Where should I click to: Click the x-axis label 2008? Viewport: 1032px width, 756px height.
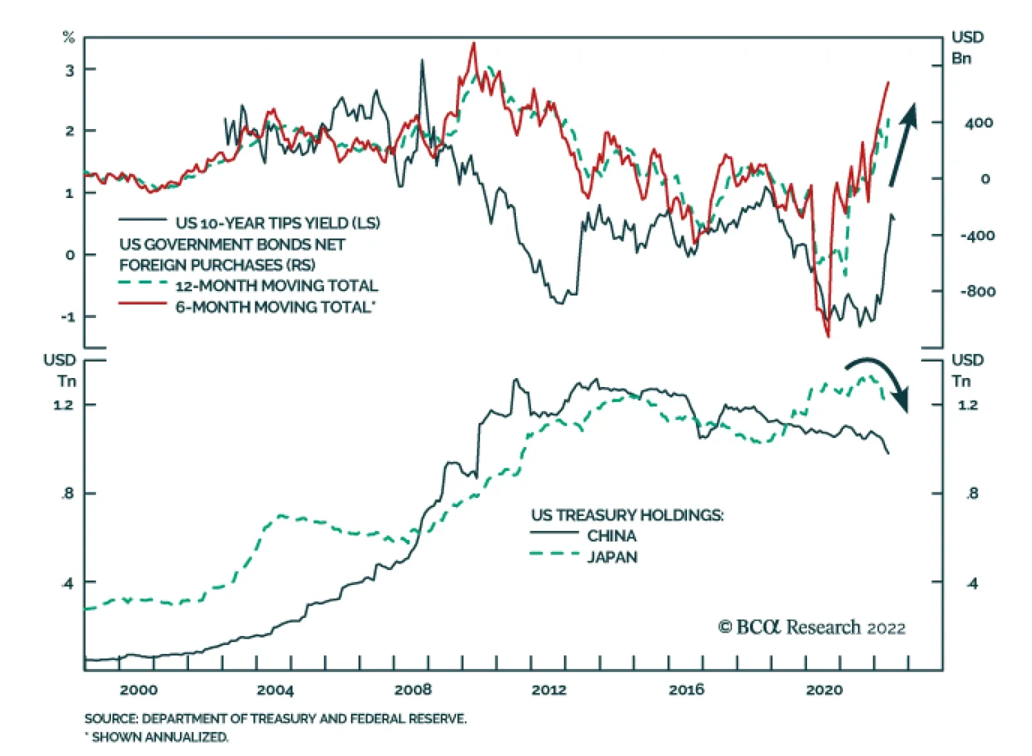click(x=413, y=690)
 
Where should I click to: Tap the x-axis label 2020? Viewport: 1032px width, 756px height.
click(x=824, y=690)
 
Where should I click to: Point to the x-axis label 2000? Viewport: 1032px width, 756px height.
click(x=139, y=690)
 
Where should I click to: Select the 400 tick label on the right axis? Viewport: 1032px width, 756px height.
click(x=978, y=123)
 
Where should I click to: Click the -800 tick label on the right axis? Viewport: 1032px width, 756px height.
click(x=977, y=292)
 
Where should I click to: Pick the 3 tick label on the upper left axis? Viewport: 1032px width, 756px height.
click(x=70, y=70)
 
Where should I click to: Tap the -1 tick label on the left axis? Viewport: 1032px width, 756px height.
click(x=68, y=317)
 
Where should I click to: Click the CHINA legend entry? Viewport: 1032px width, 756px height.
click(x=611, y=535)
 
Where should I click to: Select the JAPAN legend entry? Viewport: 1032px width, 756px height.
click(x=612, y=557)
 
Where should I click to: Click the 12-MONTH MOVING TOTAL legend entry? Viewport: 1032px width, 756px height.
click(x=276, y=286)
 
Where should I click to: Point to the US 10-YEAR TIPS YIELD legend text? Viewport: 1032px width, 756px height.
click(x=277, y=223)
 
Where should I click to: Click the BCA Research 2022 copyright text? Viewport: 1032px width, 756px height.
click(x=812, y=627)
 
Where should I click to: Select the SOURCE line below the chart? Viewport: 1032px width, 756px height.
click(x=275, y=719)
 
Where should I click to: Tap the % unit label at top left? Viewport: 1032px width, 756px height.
click(x=68, y=37)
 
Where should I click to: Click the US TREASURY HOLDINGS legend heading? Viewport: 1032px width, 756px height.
click(x=627, y=515)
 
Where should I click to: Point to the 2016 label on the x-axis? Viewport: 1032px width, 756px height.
click(x=686, y=690)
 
